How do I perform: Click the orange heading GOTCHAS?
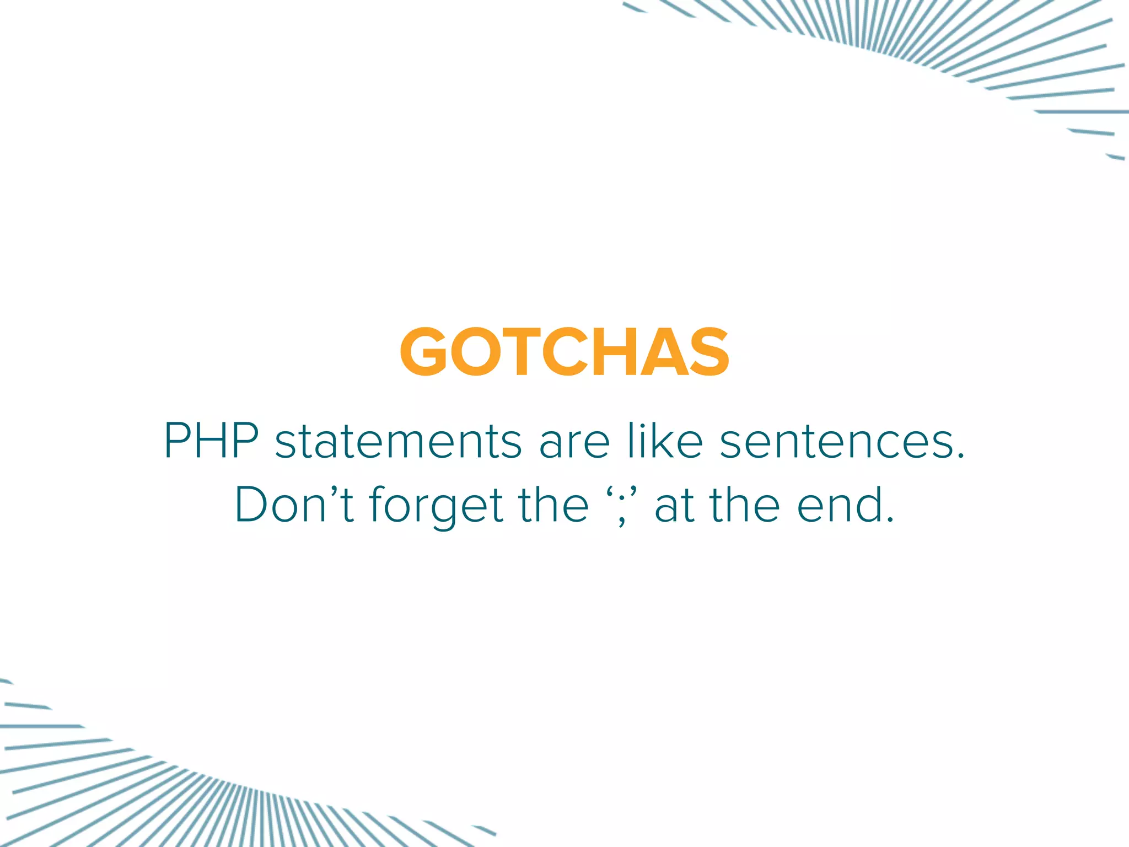(x=564, y=352)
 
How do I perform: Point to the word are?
(x=574, y=443)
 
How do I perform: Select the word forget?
(x=436, y=506)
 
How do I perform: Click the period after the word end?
(x=889, y=519)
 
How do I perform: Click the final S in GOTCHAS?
(x=708, y=352)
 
